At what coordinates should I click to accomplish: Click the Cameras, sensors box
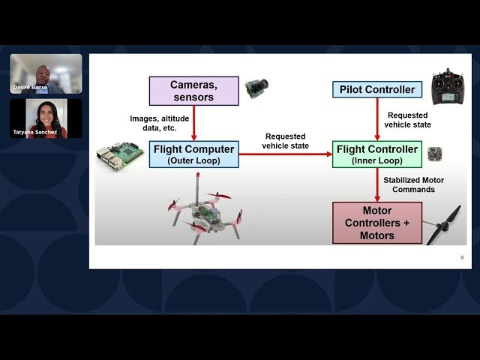(193, 90)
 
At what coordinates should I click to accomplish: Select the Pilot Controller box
(377, 90)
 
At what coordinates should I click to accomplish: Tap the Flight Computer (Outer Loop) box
(193, 154)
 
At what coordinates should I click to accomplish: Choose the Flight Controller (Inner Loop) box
(377, 154)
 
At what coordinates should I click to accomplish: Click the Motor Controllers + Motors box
(377, 223)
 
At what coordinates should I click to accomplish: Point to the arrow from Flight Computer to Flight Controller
(285, 154)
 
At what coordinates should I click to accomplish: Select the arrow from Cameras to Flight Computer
(193, 122)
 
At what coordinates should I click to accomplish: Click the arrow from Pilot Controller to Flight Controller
(377, 120)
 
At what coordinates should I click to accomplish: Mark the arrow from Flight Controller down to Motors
(377, 184)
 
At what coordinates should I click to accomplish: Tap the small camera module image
(256, 88)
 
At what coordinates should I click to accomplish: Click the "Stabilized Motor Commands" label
(413, 184)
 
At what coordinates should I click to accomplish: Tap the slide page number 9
(462, 257)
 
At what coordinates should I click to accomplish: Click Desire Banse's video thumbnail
(46, 73)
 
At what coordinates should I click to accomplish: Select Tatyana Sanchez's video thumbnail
(46, 118)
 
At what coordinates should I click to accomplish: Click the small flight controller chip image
(434, 154)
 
